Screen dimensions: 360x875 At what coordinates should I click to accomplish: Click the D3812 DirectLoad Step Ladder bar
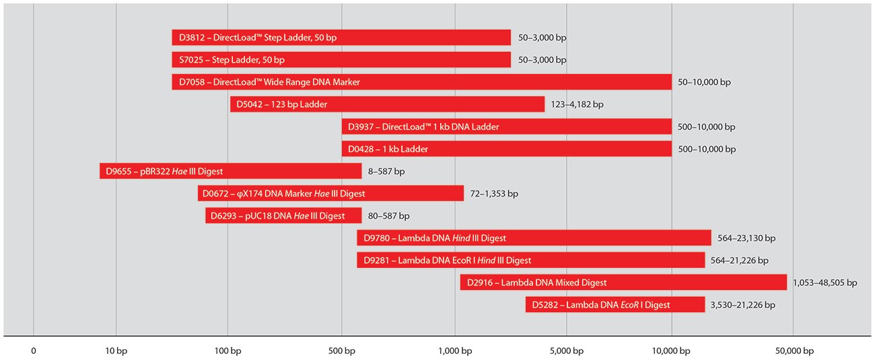(x=341, y=38)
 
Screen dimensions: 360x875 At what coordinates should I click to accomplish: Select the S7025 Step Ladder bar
(x=341, y=60)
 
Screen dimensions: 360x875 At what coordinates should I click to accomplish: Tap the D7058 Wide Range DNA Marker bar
(x=421, y=82)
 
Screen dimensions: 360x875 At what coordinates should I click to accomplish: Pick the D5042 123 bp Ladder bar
(x=387, y=104)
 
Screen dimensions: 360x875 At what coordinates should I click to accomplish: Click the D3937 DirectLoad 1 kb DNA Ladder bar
(x=507, y=127)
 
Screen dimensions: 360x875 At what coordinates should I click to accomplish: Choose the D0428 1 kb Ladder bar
(x=507, y=149)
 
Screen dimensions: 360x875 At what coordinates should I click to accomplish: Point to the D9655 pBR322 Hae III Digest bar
(x=231, y=171)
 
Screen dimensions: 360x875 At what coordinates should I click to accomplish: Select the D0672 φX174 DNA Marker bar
(x=330, y=193)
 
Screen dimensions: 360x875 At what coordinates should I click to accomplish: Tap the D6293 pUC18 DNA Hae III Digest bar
(x=283, y=215)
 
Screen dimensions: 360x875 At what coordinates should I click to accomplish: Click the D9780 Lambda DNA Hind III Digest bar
(x=534, y=238)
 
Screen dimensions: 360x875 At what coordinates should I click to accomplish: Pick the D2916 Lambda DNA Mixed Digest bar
(x=623, y=283)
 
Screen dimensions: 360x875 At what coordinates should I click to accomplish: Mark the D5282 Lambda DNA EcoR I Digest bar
(x=615, y=305)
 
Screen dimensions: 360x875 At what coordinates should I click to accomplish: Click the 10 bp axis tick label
(x=116, y=351)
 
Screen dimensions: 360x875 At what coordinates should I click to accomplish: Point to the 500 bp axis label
(x=341, y=351)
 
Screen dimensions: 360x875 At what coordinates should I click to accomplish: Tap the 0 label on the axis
(x=34, y=351)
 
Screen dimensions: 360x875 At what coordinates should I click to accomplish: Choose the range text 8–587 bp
(x=386, y=172)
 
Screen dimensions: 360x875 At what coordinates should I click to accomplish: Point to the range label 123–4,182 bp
(x=577, y=105)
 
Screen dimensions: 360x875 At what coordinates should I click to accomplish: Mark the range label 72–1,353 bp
(x=494, y=194)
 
